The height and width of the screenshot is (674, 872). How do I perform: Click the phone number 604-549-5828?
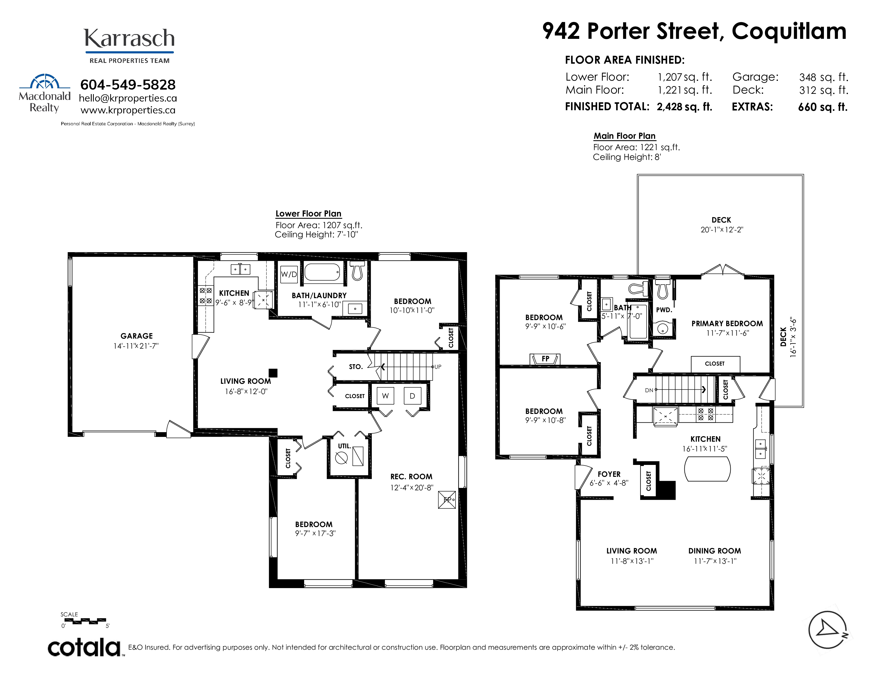[128, 85]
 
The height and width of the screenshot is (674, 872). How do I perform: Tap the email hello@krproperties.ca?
[128, 98]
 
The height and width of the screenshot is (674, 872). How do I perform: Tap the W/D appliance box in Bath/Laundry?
[289, 274]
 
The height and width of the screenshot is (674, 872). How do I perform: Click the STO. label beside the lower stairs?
[356, 367]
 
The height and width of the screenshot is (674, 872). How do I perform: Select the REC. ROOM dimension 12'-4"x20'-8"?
[412, 488]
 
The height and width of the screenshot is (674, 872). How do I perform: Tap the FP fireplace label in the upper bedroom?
[545, 359]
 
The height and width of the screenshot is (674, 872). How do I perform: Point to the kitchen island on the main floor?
[707, 469]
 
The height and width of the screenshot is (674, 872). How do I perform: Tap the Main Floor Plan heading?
[624, 136]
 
